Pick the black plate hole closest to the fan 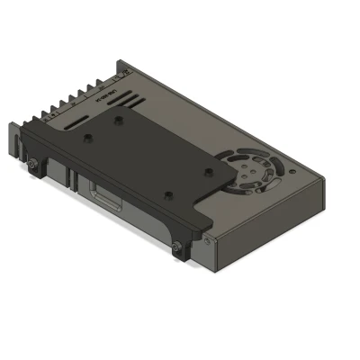(x=208, y=168)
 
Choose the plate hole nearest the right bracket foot (x=166, y=193)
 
